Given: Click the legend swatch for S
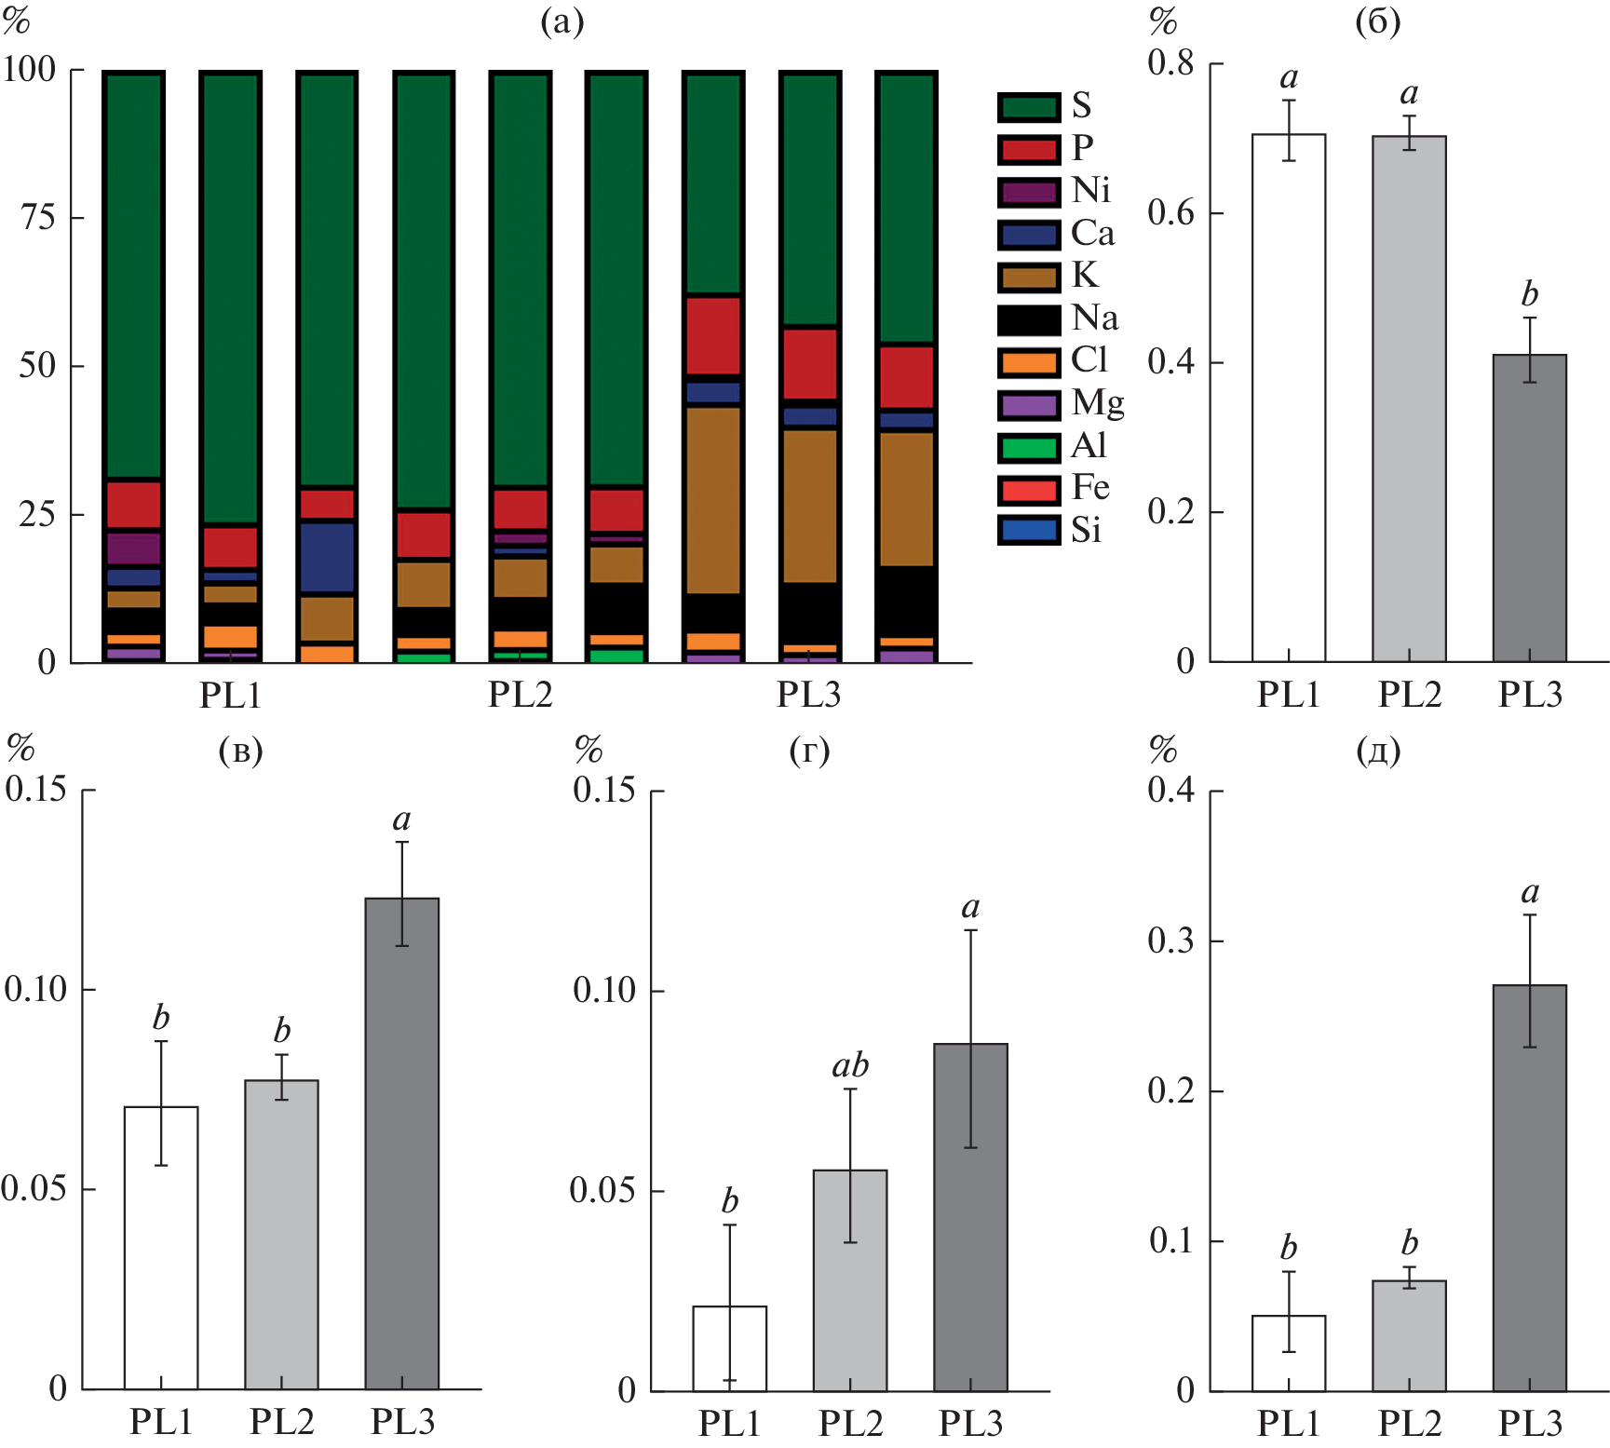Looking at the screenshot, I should click(1029, 107).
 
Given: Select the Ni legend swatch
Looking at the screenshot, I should click(1029, 192).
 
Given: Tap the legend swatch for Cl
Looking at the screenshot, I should click(1029, 362).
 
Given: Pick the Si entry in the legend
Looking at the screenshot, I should click(1029, 531).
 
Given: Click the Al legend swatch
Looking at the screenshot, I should click(1029, 448).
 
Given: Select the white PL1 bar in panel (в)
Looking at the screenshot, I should click(161, 1248).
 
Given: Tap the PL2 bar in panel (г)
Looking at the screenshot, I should click(850, 1280).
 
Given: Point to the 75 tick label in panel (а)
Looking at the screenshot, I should click(38, 218).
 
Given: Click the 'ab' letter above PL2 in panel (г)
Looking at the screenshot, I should click(850, 1064).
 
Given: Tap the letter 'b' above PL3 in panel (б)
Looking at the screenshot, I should click(1529, 294).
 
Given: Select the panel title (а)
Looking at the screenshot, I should click(562, 20).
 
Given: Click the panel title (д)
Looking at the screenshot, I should click(1378, 750).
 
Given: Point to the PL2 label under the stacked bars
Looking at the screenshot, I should click(521, 695).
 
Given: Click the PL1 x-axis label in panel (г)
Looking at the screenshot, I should click(729, 1423).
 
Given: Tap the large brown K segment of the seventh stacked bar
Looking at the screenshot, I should click(712, 500).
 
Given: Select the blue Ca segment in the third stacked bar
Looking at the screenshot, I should click(326, 557).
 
